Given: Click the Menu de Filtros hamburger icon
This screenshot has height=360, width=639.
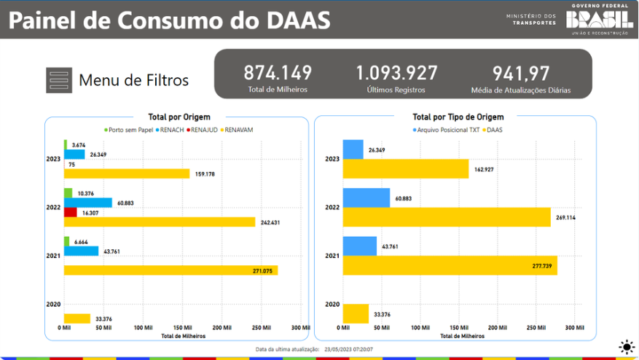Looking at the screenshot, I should click(x=58, y=79).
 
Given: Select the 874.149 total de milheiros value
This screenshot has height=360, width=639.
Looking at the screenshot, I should click(x=277, y=73).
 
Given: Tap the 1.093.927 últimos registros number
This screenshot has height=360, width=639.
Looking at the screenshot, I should click(x=396, y=73).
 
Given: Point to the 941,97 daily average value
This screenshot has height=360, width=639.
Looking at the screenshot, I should click(x=520, y=73).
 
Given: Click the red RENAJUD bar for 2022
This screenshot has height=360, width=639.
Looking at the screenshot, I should click(x=71, y=212).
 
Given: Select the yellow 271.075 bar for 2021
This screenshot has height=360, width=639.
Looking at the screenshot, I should click(x=170, y=270).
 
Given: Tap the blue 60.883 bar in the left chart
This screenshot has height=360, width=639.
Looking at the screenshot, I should click(x=88, y=203).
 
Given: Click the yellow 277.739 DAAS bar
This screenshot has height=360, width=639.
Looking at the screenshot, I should click(x=450, y=265).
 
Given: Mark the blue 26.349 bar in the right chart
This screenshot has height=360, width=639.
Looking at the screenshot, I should click(x=353, y=149).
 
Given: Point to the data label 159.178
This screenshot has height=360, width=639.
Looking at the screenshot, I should click(x=205, y=174).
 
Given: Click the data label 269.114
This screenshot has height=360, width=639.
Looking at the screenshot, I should click(x=567, y=217).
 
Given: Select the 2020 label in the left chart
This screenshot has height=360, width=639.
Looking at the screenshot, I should click(x=52, y=304).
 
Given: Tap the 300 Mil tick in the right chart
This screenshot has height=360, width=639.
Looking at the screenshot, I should click(x=574, y=328).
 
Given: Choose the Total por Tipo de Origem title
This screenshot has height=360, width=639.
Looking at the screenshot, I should click(x=458, y=117).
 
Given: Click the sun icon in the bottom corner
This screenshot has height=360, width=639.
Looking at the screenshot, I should click(x=625, y=347).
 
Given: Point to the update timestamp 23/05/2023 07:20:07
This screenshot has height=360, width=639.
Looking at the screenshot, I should click(x=348, y=350).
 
